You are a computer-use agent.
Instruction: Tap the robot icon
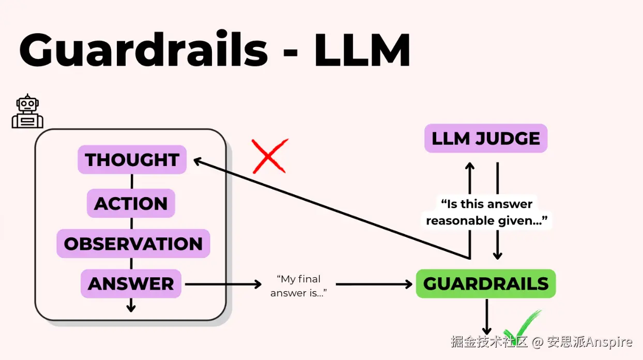point(27,111)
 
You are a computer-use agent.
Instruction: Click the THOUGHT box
point(132,160)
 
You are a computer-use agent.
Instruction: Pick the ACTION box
point(131,203)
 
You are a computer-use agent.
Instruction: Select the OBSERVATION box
point(133,244)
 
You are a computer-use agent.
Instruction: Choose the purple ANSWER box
point(131,283)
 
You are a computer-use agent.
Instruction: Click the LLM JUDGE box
point(485,138)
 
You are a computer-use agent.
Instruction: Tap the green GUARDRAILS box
point(485,283)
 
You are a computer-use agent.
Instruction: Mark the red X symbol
point(269,156)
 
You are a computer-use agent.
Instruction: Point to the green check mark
point(522,325)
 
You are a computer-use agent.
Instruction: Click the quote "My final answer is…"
point(299,286)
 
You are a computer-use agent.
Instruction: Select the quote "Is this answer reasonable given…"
point(485,212)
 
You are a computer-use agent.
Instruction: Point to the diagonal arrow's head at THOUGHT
point(197,161)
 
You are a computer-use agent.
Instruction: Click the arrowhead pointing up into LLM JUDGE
point(469,167)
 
